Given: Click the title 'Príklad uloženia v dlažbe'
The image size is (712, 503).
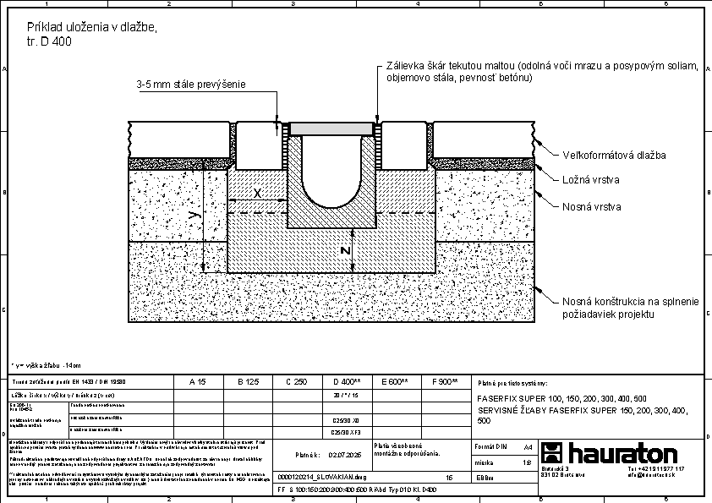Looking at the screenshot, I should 92,27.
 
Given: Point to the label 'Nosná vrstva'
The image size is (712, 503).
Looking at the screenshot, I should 593,206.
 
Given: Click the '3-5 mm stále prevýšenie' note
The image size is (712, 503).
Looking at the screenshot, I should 191,85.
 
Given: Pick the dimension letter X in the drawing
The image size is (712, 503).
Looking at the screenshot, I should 257,194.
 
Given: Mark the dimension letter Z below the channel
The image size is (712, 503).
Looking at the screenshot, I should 344,250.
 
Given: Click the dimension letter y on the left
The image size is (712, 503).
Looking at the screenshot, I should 195,216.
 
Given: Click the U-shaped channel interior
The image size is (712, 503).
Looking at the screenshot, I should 329,169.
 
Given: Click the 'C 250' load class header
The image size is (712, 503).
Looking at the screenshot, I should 296,381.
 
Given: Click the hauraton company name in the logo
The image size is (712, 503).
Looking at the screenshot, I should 622,452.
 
